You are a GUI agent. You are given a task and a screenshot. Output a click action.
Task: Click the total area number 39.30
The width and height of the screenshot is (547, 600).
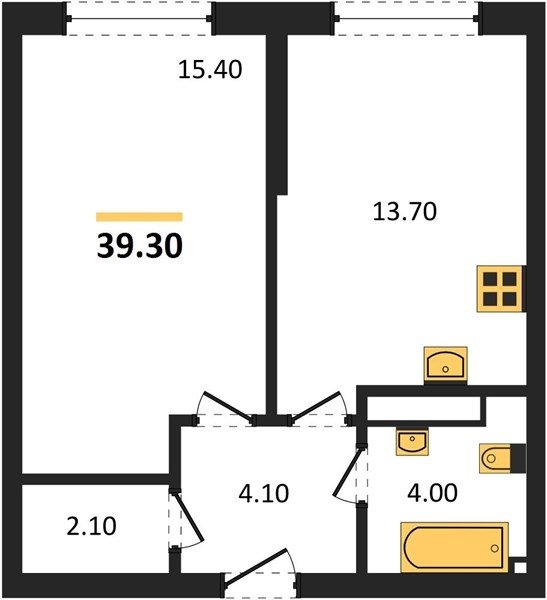[x=140, y=246]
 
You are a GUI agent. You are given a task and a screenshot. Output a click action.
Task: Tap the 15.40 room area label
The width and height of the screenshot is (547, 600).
[x=210, y=70]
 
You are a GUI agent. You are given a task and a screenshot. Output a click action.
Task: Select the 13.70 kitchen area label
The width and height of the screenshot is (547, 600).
[x=405, y=212]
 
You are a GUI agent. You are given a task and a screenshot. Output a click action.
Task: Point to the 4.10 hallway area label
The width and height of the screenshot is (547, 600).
[x=263, y=493]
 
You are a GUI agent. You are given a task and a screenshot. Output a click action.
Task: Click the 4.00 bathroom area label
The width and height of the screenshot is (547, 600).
[x=432, y=492]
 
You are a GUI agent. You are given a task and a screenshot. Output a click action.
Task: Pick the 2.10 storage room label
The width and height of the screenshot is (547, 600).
[x=91, y=526]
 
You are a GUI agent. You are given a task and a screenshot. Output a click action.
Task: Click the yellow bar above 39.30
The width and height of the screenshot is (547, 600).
[x=139, y=217]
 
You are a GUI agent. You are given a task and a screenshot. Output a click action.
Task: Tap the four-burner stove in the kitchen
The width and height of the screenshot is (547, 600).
[x=500, y=289]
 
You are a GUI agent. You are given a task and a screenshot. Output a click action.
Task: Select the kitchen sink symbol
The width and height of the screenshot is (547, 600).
[x=446, y=365]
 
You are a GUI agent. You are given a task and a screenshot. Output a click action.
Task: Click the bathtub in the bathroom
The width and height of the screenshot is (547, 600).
[x=454, y=547]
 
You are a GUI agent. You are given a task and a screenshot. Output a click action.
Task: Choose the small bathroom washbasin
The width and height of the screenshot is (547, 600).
[x=412, y=441]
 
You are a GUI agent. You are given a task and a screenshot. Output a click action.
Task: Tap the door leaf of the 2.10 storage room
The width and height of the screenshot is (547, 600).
[x=189, y=517]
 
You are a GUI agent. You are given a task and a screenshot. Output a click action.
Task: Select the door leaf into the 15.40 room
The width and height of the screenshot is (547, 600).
[x=228, y=407]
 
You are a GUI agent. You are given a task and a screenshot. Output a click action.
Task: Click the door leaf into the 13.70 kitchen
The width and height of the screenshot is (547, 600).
[x=315, y=407]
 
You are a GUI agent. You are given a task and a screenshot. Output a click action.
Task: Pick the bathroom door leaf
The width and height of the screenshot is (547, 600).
[x=347, y=473]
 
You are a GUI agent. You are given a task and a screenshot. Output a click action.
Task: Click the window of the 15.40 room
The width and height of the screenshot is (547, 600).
[x=139, y=18]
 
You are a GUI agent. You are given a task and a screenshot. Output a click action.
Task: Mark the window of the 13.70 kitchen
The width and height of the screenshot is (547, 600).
[x=407, y=18]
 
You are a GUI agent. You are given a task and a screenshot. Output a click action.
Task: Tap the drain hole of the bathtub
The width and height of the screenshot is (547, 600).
[x=495, y=548]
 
